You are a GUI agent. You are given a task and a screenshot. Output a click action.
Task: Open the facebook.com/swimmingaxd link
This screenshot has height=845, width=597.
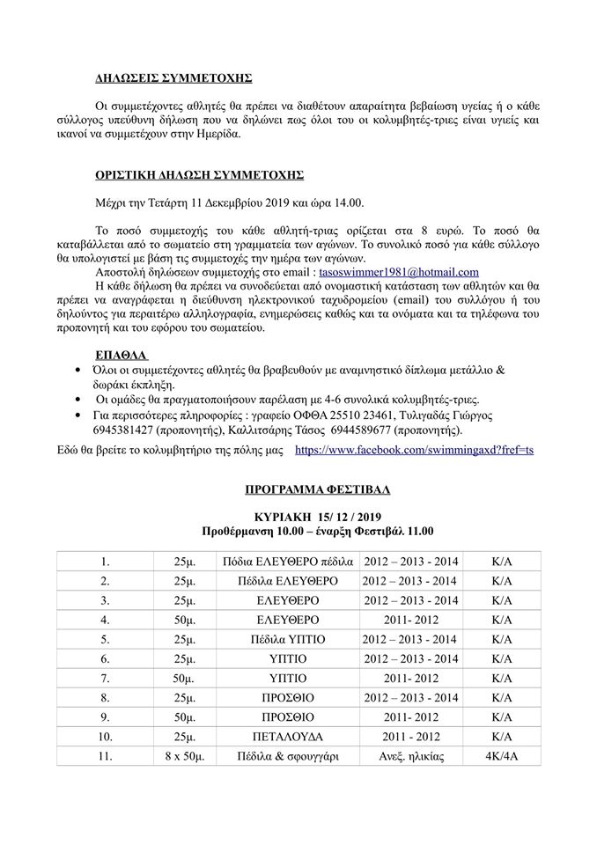tap(414, 450)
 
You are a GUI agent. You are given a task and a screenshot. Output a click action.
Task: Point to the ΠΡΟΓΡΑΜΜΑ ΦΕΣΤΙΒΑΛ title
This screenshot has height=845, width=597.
tap(317, 489)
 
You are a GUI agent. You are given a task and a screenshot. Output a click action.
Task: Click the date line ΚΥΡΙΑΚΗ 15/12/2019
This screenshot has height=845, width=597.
tap(317, 516)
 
